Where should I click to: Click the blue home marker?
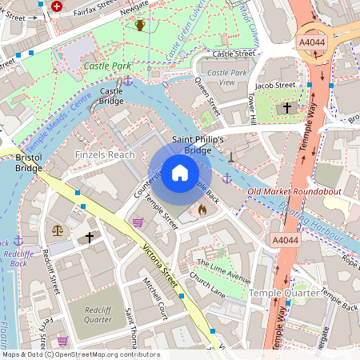click(180, 173)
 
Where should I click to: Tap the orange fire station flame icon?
click(202, 210)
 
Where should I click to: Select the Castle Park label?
click(106, 66)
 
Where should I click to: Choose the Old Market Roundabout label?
click(294, 192)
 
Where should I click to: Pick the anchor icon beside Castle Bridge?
click(127, 81)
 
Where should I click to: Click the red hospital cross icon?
click(56, 6)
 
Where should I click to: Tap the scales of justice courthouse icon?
click(58, 230)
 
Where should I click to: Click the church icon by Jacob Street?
click(289, 107)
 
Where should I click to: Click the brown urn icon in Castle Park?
click(140, 25)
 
